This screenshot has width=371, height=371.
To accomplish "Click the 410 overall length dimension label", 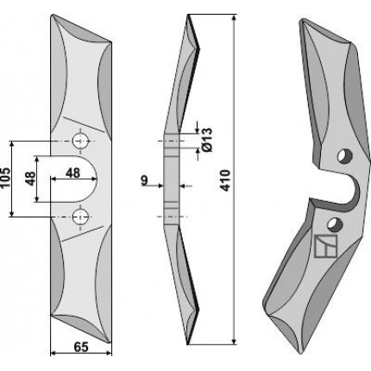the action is coord(225,180).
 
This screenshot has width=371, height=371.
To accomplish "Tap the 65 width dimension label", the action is coord(81,347).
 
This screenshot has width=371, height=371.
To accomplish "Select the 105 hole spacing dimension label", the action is coord(5,177).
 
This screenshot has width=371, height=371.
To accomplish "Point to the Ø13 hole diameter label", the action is coord(207,140).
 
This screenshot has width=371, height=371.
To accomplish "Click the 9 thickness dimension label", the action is coord(144,180).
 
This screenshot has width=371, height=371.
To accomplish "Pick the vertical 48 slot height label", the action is coord(30,179).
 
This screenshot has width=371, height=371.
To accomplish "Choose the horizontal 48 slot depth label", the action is coord(72,173).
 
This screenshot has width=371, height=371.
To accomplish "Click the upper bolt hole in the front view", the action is coord(80,141).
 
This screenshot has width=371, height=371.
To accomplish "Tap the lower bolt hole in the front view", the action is coord(80,217).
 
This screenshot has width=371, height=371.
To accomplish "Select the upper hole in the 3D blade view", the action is coord(345,156).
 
